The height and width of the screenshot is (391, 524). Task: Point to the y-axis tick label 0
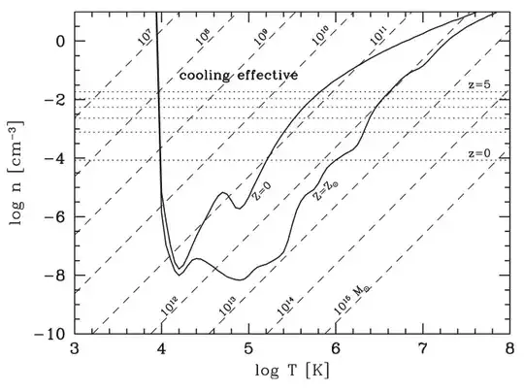[58, 42]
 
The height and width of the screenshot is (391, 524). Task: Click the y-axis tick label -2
[54, 100]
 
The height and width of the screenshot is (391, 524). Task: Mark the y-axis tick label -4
[54, 159]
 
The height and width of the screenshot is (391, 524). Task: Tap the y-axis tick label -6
[54, 217]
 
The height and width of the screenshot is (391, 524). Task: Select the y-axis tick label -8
[54, 276]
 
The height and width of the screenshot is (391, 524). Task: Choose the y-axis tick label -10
[50, 334]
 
